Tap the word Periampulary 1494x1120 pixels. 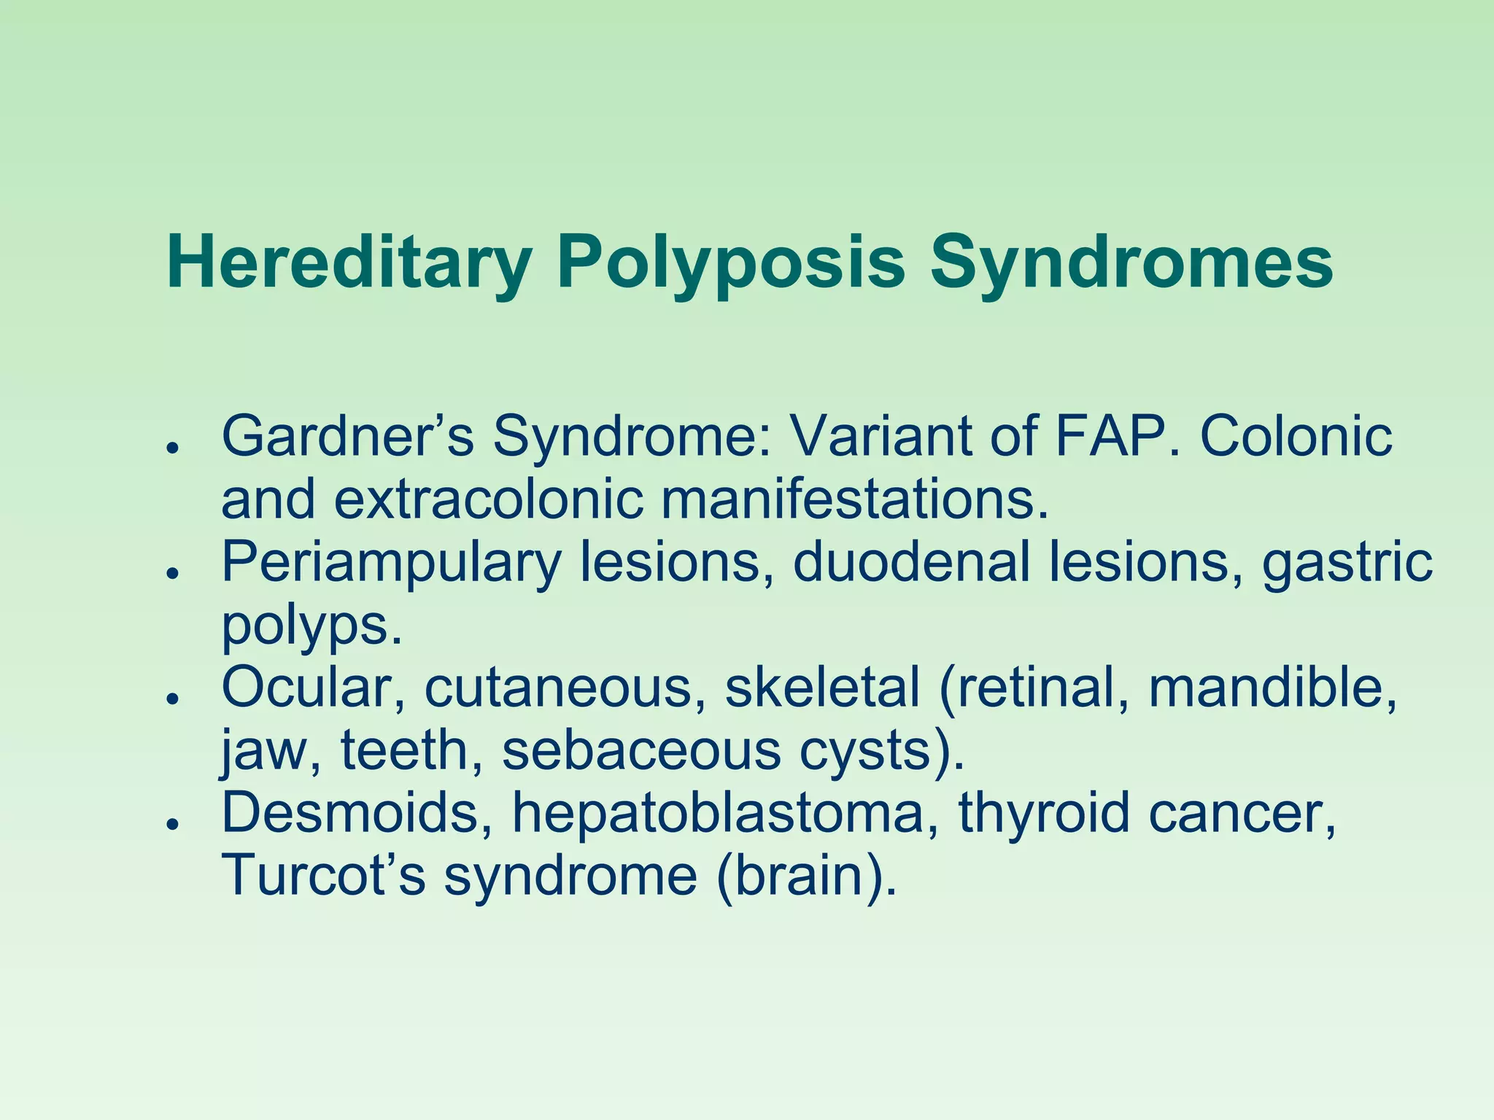(391, 563)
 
